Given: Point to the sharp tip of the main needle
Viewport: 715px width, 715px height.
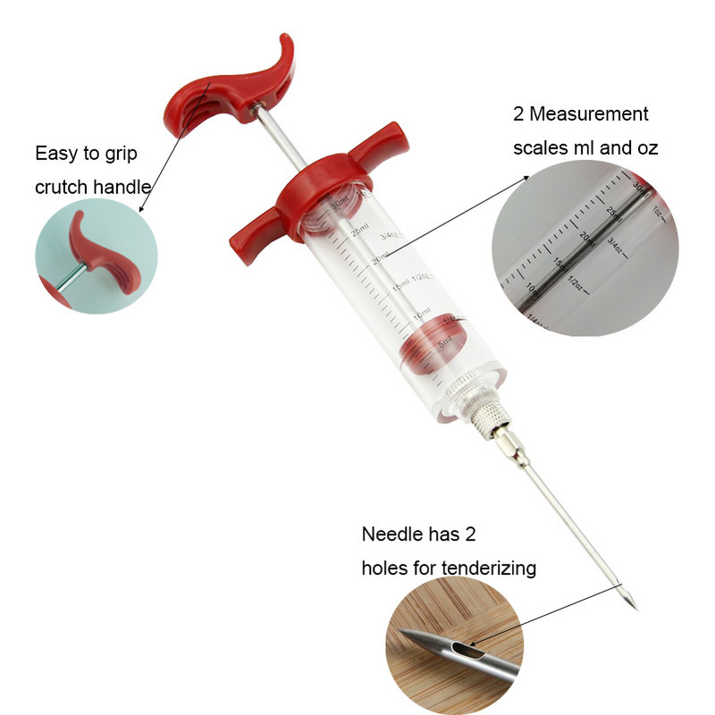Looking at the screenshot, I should [636, 610].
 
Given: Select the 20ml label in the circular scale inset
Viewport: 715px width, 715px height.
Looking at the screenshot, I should [586, 238].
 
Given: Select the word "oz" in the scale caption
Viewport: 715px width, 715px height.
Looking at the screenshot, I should [645, 148].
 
